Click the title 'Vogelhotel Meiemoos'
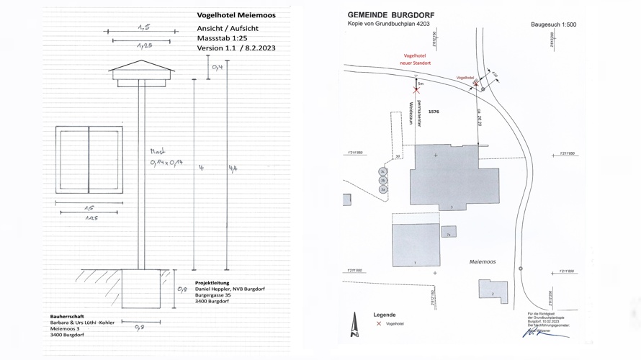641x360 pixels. (x=236, y=15)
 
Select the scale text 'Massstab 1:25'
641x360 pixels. (x=222, y=38)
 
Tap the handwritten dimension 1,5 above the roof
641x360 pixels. (x=144, y=27)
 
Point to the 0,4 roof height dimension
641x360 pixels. (x=218, y=67)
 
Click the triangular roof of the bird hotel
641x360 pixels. (x=142, y=67)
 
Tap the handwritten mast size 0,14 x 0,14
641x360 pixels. (x=166, y=163)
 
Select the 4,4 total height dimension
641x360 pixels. (x=233, y=168)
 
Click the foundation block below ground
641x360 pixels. (x=140, y=288)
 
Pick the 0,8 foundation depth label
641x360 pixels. (x=182, y=289)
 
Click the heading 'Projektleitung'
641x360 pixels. (x=212, y=283)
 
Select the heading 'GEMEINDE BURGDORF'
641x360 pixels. (x=390, y=15)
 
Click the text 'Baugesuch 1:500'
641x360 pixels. (x=553, y=24)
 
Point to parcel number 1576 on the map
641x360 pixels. (x=434, y=112)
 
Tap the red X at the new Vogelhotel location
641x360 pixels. (x=416, y=91)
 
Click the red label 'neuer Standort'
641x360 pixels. (x=416, y=63)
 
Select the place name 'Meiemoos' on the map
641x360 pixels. (x=482, y=262)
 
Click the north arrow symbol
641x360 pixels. (x=354, y=325)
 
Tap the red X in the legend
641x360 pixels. (x=379, y=324)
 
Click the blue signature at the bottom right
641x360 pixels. (x=536, y=333)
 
